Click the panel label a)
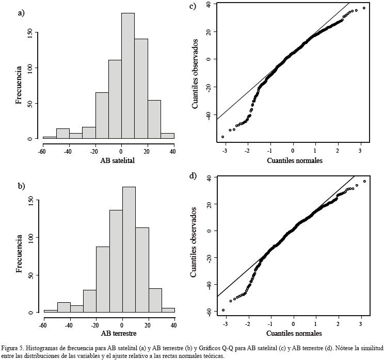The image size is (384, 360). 21,13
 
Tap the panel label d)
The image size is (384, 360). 193,176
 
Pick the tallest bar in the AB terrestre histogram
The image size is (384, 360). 129,250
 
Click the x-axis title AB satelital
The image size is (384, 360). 117,160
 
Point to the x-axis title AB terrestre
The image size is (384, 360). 117,334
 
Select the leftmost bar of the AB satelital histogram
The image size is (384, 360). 50,138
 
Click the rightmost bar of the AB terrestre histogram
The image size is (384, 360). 168,310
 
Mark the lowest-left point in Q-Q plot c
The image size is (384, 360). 223,137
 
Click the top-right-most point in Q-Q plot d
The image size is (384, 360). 364,181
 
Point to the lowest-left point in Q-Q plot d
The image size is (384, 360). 223,310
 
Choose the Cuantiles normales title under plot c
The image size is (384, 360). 294,160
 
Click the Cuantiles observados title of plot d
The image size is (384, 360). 194,242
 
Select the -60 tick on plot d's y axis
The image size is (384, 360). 209,311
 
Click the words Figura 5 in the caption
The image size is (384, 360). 12,349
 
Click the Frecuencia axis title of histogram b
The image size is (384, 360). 19,253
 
